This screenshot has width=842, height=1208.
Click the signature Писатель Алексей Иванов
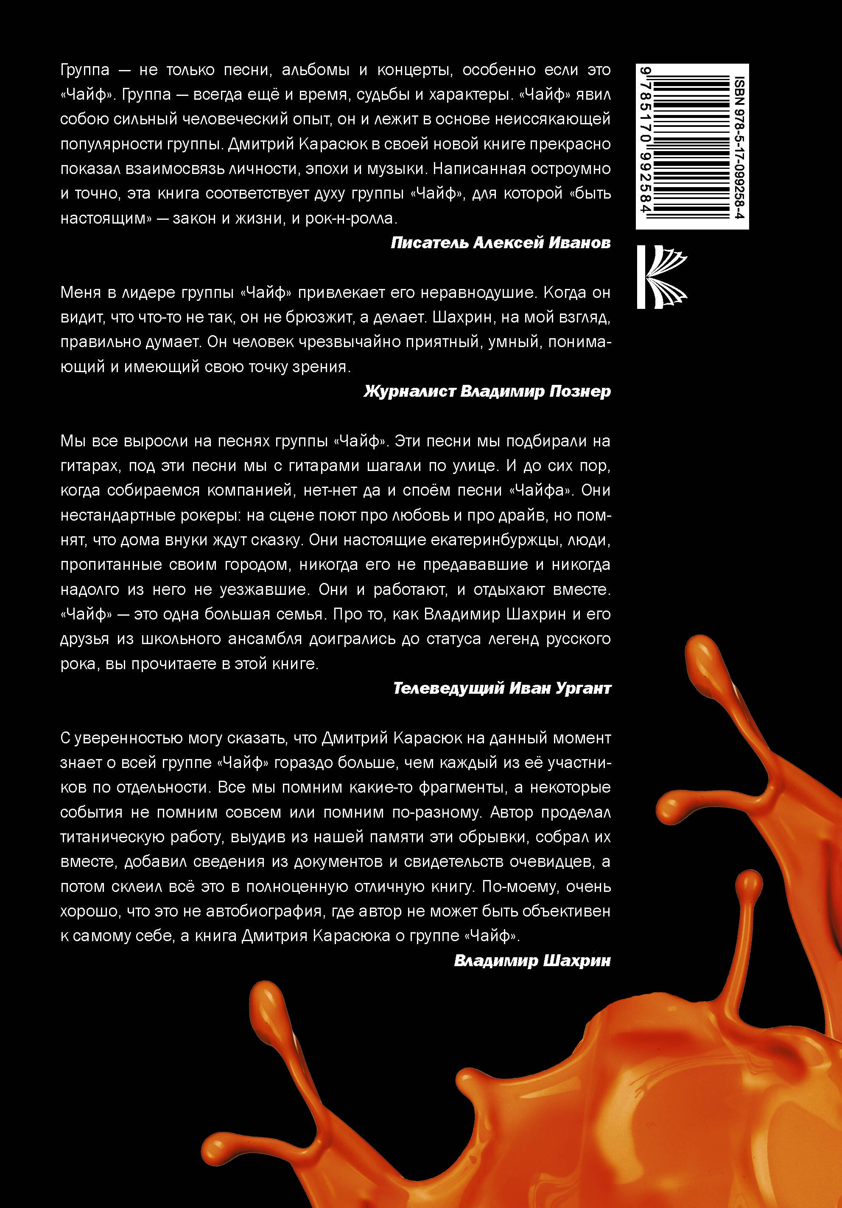(x=501, y=243)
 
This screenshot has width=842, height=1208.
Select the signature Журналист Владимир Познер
(x=487, y=391)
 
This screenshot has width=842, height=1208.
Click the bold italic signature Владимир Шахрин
(x=532, y=961)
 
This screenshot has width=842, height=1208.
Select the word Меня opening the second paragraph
(x=81, y=292)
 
